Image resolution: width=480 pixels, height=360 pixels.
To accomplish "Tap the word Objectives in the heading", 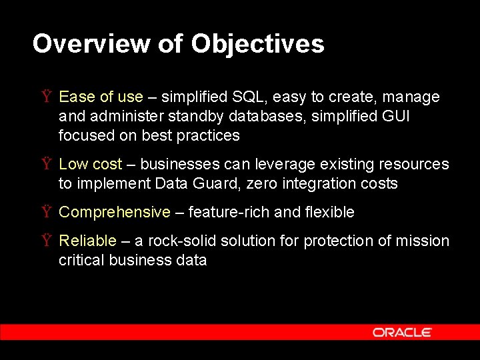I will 257,44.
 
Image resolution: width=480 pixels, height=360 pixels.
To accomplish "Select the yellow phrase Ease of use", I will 101,97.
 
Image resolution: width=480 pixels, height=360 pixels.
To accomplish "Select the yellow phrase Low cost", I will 91,165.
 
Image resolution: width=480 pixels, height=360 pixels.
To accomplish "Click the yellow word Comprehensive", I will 115,213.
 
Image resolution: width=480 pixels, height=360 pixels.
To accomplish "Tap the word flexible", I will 329,213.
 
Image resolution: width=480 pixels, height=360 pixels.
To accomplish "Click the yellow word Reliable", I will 88,241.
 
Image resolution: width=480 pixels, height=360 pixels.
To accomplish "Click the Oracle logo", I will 402,331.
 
